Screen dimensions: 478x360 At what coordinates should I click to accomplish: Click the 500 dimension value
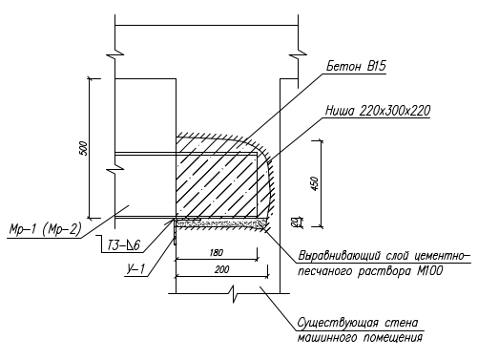(83, 148)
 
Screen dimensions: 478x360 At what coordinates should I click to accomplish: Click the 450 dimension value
(315, 183)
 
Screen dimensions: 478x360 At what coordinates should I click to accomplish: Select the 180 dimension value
(217, 253)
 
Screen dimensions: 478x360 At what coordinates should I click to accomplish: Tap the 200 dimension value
(221, 270)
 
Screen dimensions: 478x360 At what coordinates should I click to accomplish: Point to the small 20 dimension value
(296, 222)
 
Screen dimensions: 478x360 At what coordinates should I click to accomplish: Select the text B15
(377, 66)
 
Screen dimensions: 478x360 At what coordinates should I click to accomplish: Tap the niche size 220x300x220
(395, 111)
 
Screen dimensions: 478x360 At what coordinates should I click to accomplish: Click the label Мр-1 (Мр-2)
(46, 229)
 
